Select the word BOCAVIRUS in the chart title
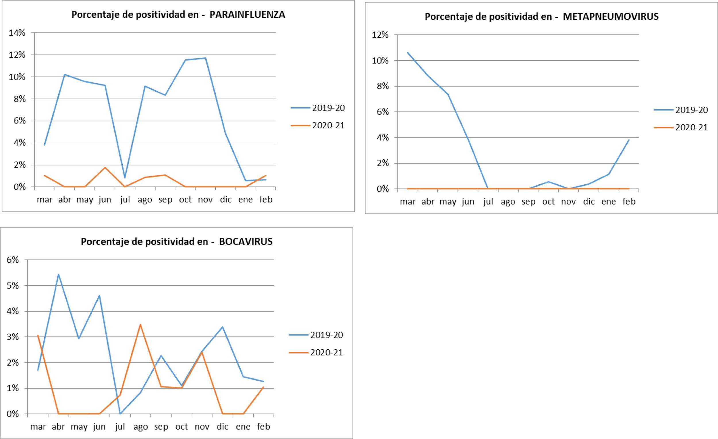tap(246, 241)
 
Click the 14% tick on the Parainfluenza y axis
tap(17, 33)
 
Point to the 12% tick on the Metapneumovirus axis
tap(380, 35)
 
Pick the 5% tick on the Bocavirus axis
tap(13, 285)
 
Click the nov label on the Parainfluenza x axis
tap(205, 200)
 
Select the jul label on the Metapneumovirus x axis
tap(488, 202)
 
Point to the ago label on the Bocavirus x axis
tap(140, 427)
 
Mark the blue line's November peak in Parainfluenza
tap(205, 58)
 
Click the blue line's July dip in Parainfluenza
tap(125, 178)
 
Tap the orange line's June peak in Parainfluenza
tap(105, 167)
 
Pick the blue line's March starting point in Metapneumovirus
tap(408, 53)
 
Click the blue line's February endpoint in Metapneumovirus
tap(629, 140)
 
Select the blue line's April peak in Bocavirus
tap(59, 274)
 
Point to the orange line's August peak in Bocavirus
tap(140, 324)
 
